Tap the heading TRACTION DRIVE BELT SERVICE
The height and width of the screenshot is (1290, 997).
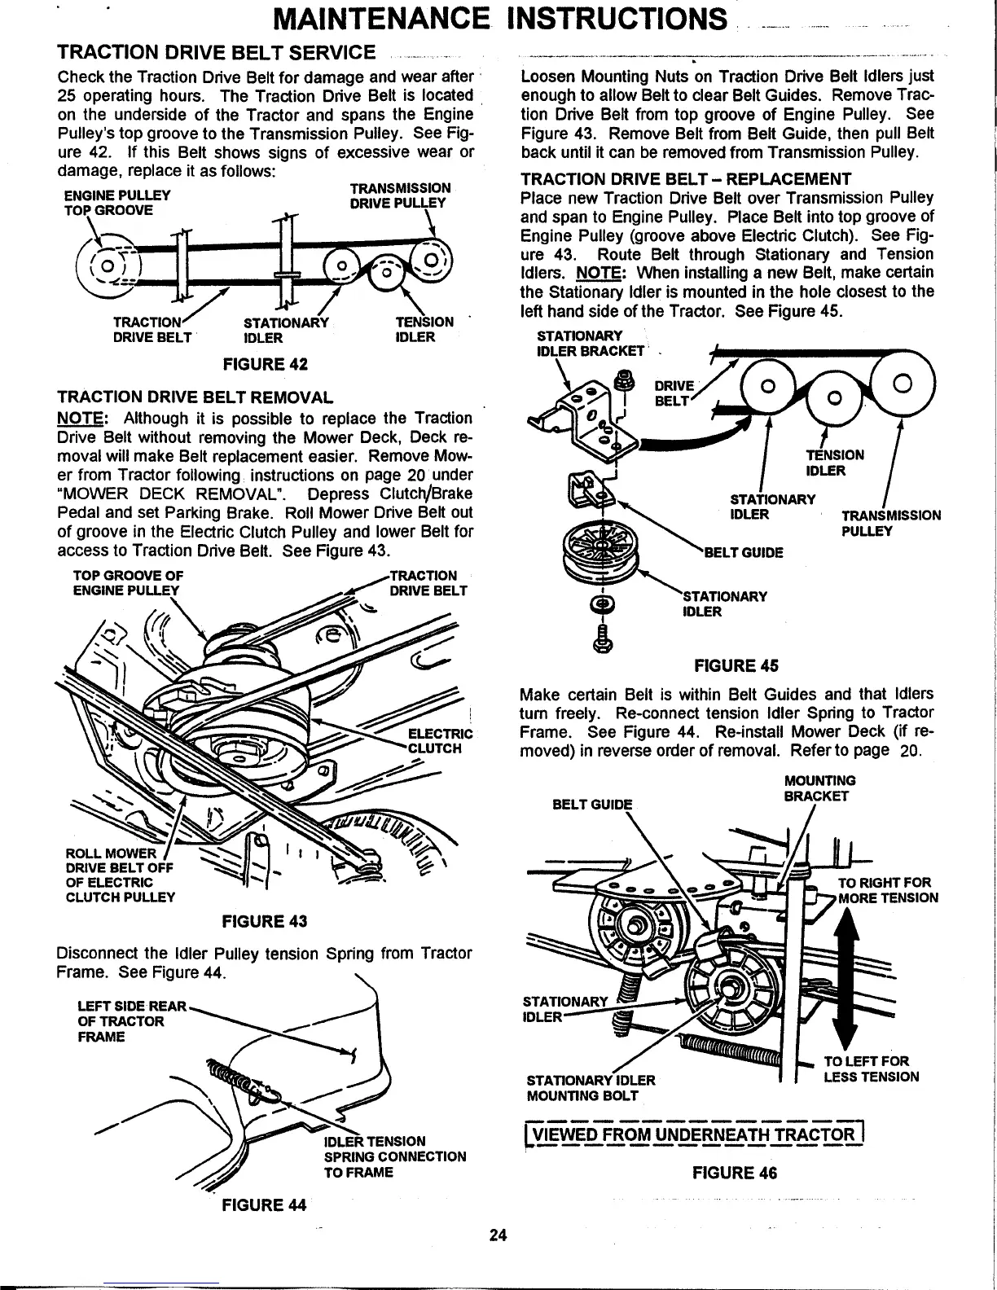click(216, 54)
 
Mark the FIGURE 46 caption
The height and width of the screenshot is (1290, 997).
click(734, 1173)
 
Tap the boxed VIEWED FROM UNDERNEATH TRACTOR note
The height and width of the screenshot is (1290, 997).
click(692, 1135)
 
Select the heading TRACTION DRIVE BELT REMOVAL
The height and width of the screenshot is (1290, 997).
click(195, 398)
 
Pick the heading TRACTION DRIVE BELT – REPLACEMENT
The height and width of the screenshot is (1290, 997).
click(686, 179)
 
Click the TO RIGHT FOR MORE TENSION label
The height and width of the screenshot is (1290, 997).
click(888, 891)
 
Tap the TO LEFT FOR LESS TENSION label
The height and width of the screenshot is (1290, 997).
click(871, 1068)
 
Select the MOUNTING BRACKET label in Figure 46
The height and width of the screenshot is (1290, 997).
click(819, 788)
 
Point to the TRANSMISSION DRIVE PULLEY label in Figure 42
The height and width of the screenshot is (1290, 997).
click(400, 195)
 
